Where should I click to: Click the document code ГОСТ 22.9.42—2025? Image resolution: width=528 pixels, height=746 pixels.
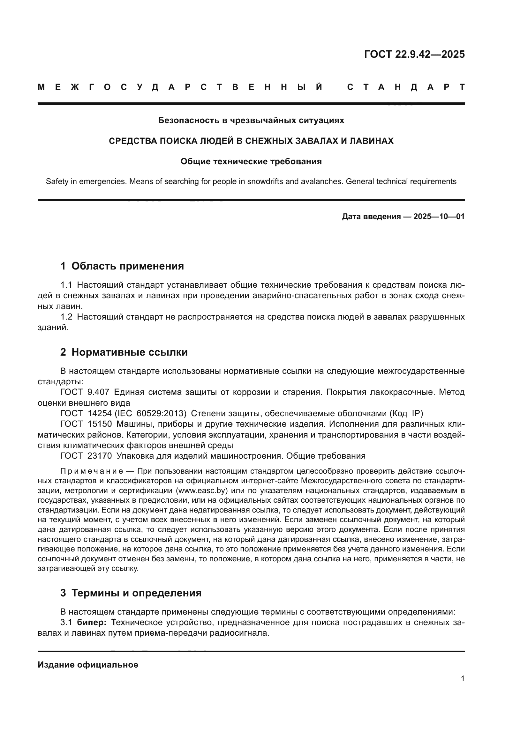tap(414, 54)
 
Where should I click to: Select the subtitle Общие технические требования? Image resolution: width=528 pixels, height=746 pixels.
tap(251, 161)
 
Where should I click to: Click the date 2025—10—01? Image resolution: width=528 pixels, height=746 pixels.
tap(439, 217)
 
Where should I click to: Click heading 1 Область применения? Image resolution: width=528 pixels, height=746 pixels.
tap(122, 266)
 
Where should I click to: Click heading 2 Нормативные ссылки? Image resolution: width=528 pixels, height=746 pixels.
tap(124, 352)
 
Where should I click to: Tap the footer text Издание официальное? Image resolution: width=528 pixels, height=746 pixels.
tap(88, 665)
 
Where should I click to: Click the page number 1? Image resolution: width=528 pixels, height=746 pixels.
tap(462, 679)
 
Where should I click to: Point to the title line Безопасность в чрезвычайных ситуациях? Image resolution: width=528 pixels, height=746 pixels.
tap(251, 121)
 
